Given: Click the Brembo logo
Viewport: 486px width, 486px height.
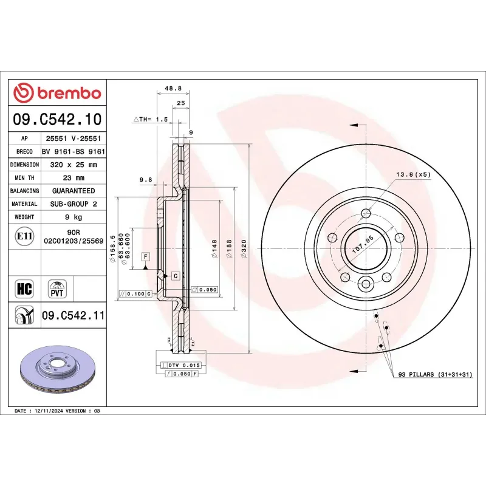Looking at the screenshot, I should pos(57,93).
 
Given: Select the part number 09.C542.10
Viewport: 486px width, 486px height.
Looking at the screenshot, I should pos(57,119).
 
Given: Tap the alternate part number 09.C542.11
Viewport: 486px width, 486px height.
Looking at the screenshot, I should pos(73,315).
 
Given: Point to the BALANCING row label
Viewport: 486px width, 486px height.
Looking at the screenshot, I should pos(25,191).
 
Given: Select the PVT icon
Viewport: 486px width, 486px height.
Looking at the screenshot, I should pos(57,289).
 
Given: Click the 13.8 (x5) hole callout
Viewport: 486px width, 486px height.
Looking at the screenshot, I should pos(413,174).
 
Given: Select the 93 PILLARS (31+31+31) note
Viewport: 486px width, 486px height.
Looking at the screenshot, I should pos(434,375).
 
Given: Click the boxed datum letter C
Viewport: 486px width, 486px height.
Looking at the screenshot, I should pos(174,276).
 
